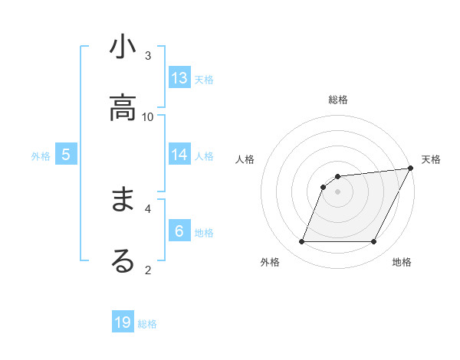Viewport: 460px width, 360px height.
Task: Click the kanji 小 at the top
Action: pos(123,47)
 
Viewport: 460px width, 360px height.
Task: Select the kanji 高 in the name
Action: pos(123,108)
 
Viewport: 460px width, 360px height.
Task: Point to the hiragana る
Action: pos(123,260)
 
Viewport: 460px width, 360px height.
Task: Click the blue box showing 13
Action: pos(179,77)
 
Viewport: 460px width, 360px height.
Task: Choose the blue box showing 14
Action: pos(179,155)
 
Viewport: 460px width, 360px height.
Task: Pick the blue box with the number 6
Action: pos(179,231)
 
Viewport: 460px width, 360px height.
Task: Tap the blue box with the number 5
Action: pos(66,155)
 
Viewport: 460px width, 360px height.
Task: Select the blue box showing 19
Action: pos(123,322)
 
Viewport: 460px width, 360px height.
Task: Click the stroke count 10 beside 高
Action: pos(148,116)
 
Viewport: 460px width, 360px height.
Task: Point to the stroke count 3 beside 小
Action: pos(148,55)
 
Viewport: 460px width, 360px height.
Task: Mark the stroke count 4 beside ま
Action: pos(148,208)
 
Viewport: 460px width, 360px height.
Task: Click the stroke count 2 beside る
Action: pos(148,269)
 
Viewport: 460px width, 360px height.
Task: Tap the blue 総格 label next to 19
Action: pos(147,324)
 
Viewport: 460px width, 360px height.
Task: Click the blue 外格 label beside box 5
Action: pos(41,156)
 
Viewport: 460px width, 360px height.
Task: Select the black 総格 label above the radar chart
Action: pos(338,100)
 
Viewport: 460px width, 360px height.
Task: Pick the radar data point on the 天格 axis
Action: pos(412,168)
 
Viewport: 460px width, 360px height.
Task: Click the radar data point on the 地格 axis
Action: pos(374,242)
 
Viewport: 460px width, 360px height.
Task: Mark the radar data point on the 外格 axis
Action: pos(301,242)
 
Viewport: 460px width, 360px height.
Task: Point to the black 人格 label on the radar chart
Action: pos(245,159)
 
